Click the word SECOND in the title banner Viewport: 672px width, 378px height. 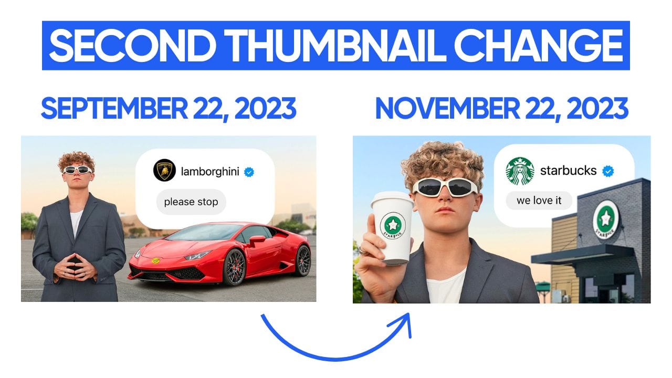(133, 46)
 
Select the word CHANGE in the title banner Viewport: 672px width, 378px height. (539, 46)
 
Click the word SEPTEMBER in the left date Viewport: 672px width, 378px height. (114, 108)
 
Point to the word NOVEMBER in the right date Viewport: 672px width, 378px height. (447, 108)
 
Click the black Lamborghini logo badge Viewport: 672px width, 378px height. (164, 171)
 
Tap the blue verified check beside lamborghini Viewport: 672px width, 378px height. (249, 172)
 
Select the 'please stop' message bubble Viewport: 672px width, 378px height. (191, 202)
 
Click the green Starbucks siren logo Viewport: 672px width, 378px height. (520, 171)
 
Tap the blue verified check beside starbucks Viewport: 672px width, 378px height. (608, 171)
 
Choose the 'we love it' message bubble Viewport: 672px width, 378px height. (539, 201)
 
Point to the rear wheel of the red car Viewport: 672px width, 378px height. (302, 260)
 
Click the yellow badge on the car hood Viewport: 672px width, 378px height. (155, 261)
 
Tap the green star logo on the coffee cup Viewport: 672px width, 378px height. (393, 225)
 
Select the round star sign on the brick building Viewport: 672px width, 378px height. (606, 218)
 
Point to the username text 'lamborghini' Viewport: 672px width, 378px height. (210, 172)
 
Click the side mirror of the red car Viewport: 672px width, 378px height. (257, 240)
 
